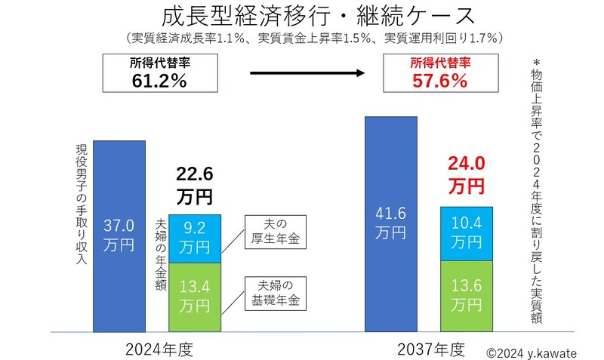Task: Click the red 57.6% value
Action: click(x=439, y=81)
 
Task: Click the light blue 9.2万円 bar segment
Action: click(x=194, y=237)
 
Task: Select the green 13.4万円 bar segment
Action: click(x=194, y=296)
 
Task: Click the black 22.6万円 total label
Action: click(x=195, y=186)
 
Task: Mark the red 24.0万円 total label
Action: click(x=466, y=174)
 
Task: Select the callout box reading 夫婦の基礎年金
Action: click(x=273, y=293)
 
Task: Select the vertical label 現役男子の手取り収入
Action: click(x=82, y=205)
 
